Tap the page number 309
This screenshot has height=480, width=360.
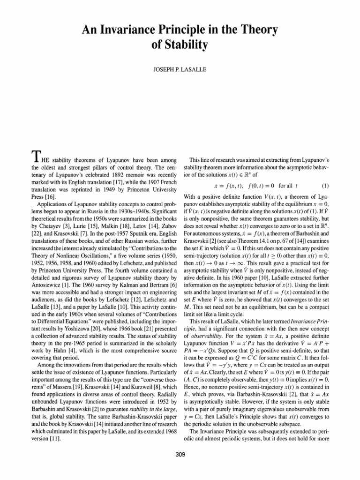[x=180, y=470]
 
